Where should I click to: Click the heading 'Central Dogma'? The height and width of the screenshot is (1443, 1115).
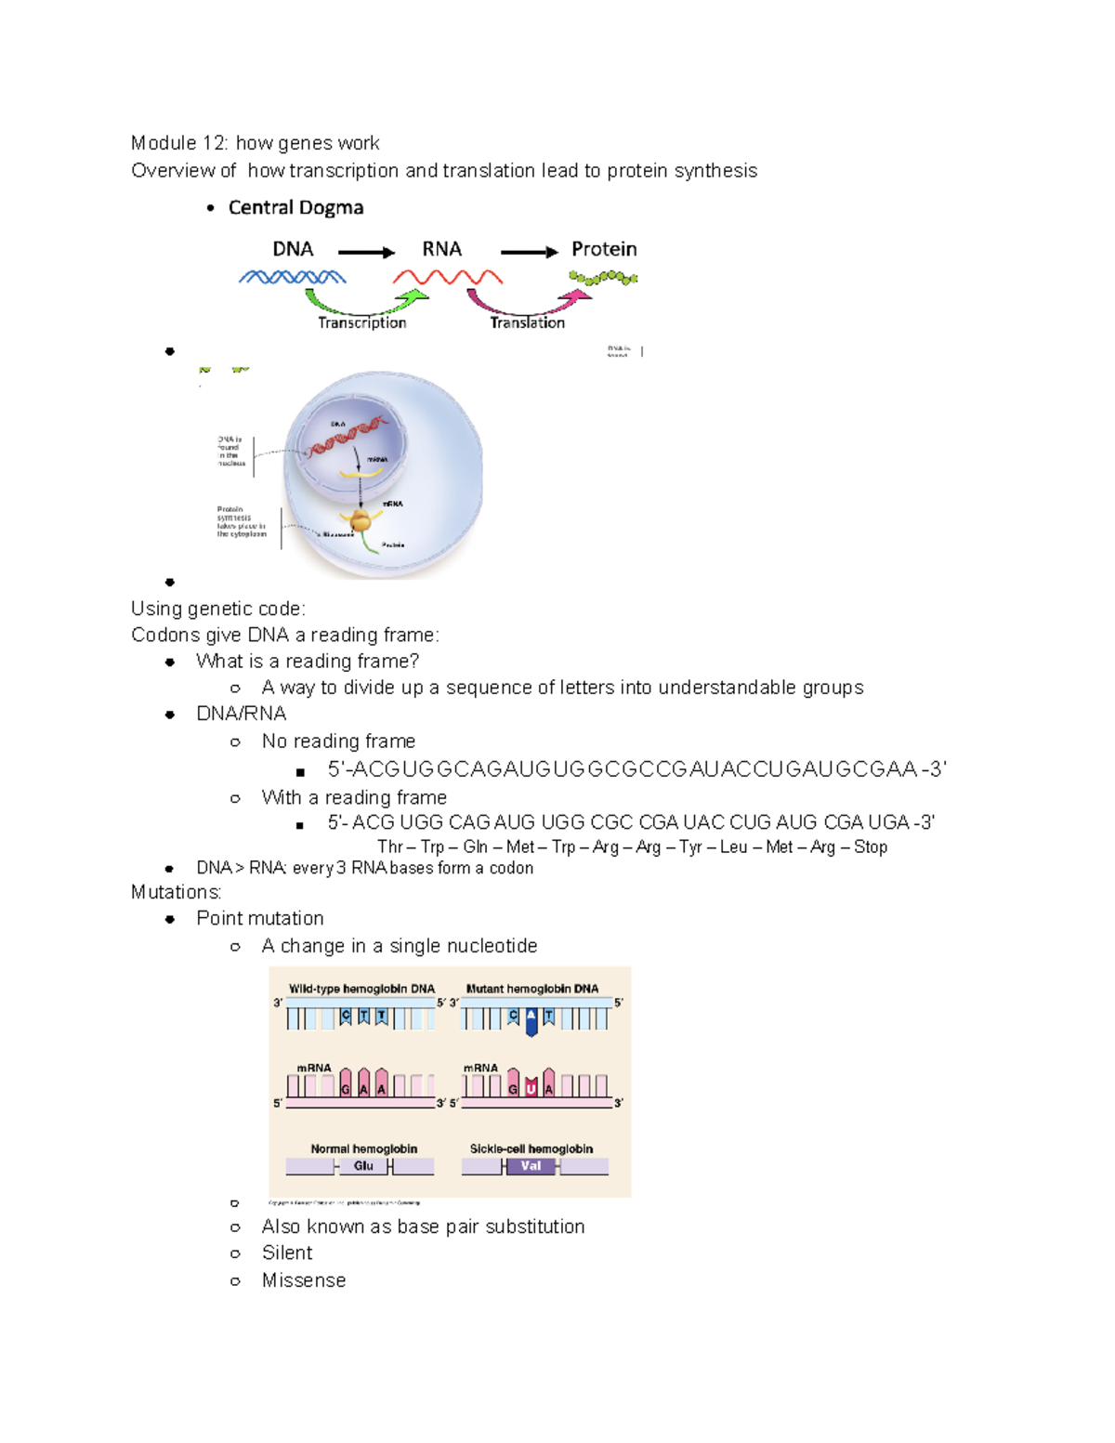click(295, 207)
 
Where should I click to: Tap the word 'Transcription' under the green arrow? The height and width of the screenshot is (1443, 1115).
click(361, 322)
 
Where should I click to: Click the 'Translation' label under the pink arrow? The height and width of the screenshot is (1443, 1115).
click(527, 322)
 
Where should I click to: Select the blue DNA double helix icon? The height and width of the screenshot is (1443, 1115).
click(292, 277)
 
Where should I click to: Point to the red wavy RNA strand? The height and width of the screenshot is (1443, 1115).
click(447, 277)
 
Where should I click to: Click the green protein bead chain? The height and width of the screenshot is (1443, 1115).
click(603, 277)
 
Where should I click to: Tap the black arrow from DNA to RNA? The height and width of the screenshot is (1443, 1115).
click(366, 252)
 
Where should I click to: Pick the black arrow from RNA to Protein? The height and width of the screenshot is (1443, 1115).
click(529, 252)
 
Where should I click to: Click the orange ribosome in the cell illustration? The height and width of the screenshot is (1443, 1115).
click(359, 521)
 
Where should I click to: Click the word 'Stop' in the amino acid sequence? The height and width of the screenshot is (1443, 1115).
click(870, 846)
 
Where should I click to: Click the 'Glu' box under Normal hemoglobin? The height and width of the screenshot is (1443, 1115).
click(363, 1166)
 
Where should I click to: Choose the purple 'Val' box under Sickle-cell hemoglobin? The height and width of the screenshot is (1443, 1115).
click(531, 1166)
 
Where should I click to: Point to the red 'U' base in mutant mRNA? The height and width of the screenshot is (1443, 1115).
click(531, 1088)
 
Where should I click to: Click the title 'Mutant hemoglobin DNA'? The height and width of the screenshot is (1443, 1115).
click(532, 989)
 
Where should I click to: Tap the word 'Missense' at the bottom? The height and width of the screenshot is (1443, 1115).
click(304, 1280)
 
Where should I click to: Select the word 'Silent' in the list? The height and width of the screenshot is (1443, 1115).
click(287, 1253)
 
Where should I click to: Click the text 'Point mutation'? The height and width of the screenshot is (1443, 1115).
click(260, 918)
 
